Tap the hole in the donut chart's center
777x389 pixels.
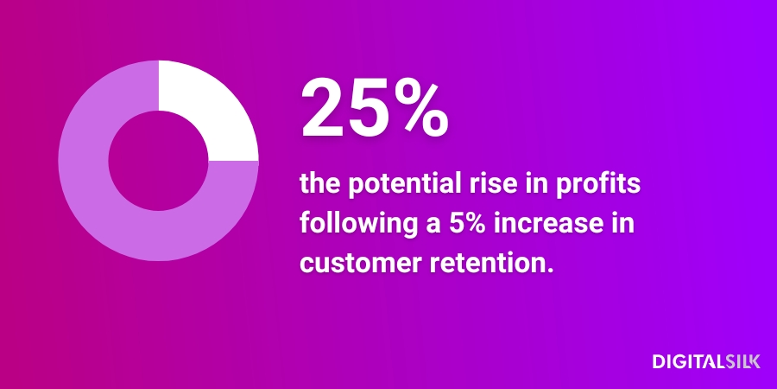tap(159, 161)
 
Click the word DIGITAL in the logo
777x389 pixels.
tap(689, 361)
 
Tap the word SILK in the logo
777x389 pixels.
tap(742, 361)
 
